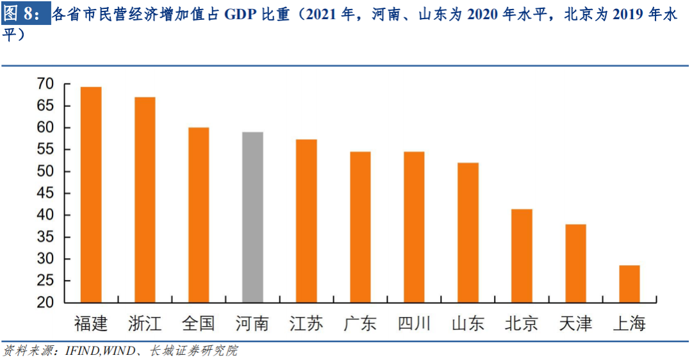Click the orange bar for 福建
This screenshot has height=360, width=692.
91,195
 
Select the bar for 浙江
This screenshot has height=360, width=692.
145,200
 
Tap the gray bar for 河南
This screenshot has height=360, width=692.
252,217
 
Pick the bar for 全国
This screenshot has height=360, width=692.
199,215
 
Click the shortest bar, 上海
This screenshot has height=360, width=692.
629,284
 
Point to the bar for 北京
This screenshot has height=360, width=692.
522,256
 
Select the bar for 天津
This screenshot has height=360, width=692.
575,263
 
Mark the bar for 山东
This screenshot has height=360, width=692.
468,233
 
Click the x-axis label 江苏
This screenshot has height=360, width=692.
306,322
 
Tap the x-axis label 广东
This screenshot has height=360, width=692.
360,322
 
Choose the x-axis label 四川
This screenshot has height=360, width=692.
414,322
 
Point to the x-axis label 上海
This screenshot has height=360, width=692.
629,322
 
